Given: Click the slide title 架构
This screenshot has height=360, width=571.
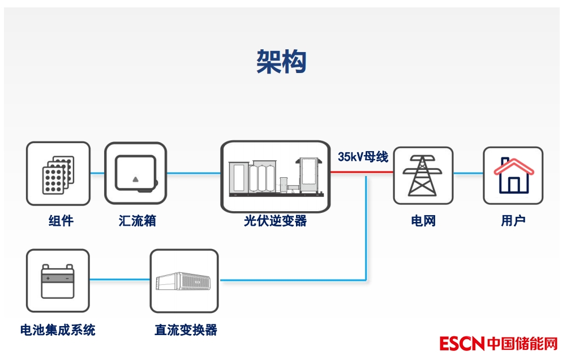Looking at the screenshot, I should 281,62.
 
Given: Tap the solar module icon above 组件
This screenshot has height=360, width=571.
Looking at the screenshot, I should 58,173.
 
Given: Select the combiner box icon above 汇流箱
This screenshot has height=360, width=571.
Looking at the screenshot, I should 136,173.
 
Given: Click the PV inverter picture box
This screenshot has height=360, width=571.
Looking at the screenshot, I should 275,177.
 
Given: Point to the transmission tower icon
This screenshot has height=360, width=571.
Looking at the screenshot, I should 423,175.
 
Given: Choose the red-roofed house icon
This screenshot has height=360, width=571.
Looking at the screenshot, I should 513,175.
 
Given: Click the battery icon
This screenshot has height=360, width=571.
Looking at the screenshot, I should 58,281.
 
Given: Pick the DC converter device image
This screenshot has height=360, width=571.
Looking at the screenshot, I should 184,281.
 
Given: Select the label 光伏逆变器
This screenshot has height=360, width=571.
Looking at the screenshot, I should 275,221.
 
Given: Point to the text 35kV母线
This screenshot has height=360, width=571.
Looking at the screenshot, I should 363,157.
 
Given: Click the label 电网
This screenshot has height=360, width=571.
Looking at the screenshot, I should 423,221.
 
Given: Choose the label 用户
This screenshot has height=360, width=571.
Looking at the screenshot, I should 513,221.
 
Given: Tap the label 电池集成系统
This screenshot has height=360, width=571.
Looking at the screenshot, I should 58,330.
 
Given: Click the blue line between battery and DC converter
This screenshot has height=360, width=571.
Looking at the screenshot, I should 119,280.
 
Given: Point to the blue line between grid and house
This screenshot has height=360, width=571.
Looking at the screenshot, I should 468,173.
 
